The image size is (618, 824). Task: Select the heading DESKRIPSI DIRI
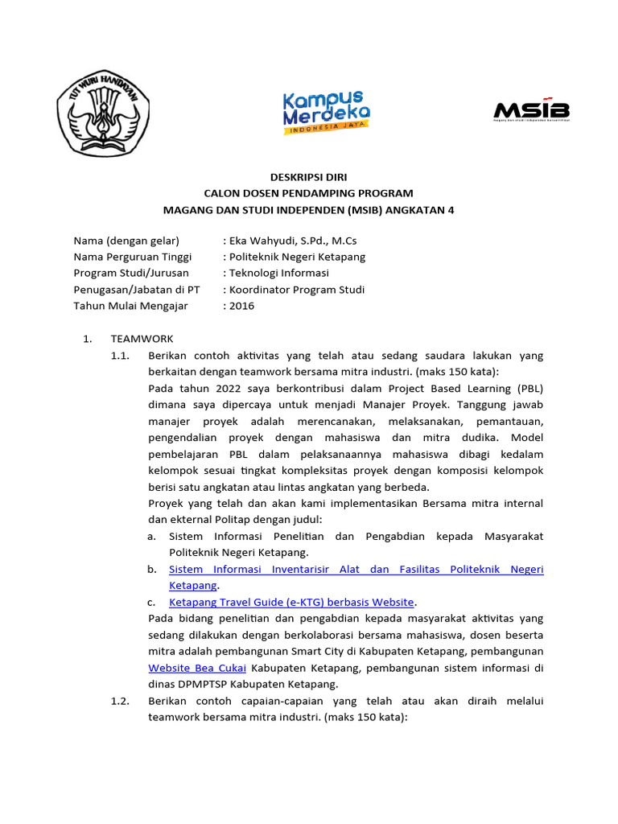[x=309, y=176]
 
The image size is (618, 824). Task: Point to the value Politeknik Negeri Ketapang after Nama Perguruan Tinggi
[x=297, y=257]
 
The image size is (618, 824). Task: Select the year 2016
[x=242, y=305]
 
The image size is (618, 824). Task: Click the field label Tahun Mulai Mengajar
[x=130, y=305]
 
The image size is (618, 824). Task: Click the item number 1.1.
[x=120, y=355]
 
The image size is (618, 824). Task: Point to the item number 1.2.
[x=120, y=701]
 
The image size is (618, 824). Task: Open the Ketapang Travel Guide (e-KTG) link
[x=292, y=601]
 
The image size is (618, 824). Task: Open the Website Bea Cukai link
[x=198, y=668]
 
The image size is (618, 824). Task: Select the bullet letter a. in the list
[x=151, y=536]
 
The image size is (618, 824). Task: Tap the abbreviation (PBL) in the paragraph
[x=529, y=388]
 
